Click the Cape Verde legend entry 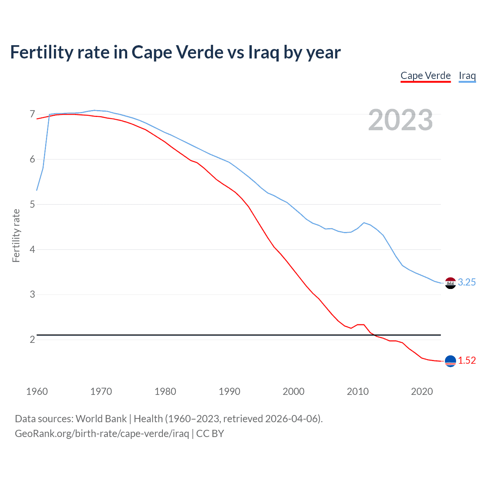click(x=426, y=76)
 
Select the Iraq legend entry click(x=467, y=76)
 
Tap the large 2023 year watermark click(x=401, y=120)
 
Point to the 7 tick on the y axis click(x=32, y=114)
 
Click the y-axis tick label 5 click(x=32, y=205)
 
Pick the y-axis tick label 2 click(x=32, y=339)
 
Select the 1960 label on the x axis click(x=37, y=391)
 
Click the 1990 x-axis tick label click(x=229, y=391)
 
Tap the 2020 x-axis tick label click(x=422, y=391)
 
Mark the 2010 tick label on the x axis click(x=358, y=391)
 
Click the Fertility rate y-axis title click(x=16, y=235)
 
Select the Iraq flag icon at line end click(x=450, y=283)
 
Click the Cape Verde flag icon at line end click(x=450, y=361)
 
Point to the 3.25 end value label click(x=467, y=282)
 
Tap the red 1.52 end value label click(x=467, y=360)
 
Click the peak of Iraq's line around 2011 click(x=364, y=223)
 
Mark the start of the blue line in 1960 click(x=37, y=190)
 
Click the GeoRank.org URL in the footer click(x=102, y=434)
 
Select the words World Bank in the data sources click(x=101, y=419)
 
